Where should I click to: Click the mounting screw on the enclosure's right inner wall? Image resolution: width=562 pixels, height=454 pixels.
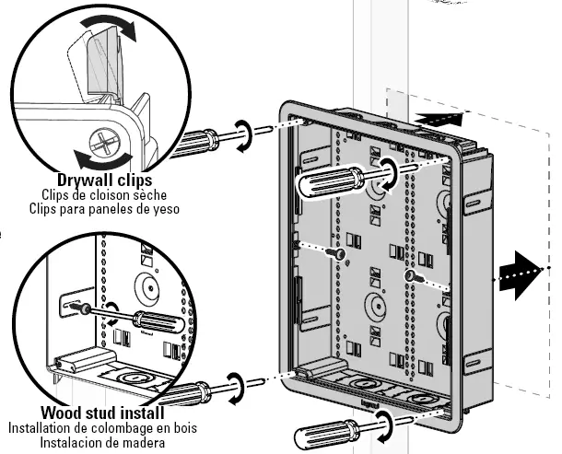(407, 274)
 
